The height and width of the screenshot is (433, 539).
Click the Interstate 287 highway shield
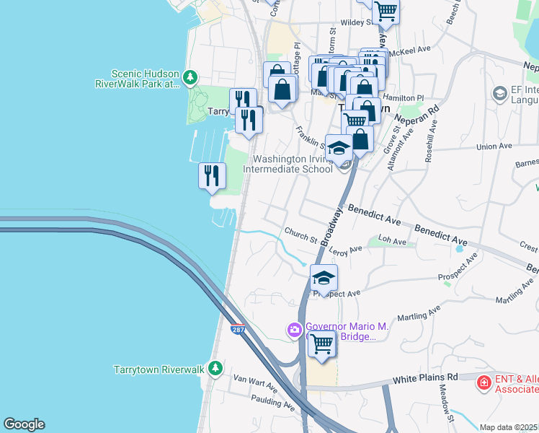click(237, 330)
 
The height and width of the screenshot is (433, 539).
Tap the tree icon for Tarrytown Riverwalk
click(215, 369)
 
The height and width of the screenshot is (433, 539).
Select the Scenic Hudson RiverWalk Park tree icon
click(190, 76)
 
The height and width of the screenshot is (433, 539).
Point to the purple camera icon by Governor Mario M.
click(294, 331)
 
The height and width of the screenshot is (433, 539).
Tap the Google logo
click(24, 424)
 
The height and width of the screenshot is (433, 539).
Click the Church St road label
click(300, 235)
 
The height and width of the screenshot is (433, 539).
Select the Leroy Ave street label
click(345, 250)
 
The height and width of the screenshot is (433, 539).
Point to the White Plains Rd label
click(425, 377)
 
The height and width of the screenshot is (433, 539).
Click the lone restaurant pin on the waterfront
click(212, 176)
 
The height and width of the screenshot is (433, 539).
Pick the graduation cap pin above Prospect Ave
click(324, 279)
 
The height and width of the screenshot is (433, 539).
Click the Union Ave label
click(494, 146)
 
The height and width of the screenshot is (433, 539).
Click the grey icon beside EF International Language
click(499, 94)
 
